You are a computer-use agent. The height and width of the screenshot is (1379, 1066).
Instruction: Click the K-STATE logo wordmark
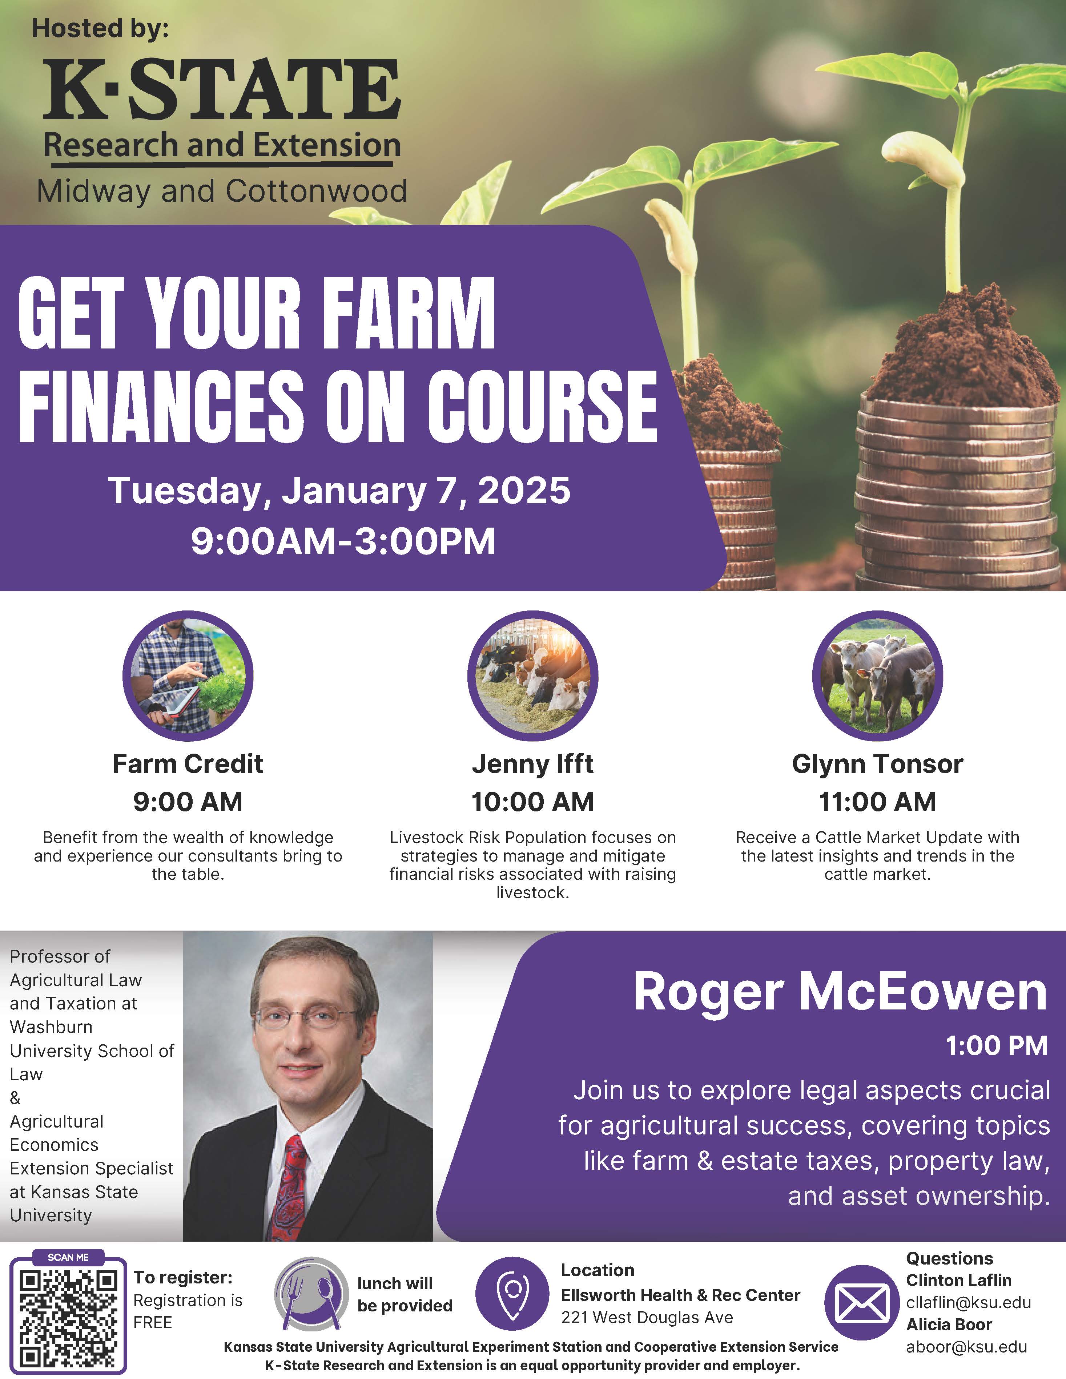222,90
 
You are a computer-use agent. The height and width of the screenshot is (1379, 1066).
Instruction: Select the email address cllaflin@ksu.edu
968,1303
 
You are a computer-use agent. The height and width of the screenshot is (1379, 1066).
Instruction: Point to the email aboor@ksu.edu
966,1347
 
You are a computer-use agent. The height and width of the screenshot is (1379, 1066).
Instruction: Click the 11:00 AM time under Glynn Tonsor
877,802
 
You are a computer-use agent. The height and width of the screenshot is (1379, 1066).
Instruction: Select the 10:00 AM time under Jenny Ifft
532,802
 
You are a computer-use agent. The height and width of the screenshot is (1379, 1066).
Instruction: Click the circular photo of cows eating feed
532,676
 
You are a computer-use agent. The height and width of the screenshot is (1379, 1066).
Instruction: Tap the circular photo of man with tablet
188,676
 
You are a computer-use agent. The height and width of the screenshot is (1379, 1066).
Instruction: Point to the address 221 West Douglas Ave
647,1317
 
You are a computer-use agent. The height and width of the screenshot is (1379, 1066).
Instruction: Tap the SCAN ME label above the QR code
68,1257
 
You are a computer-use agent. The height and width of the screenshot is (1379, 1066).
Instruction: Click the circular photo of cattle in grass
877,676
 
